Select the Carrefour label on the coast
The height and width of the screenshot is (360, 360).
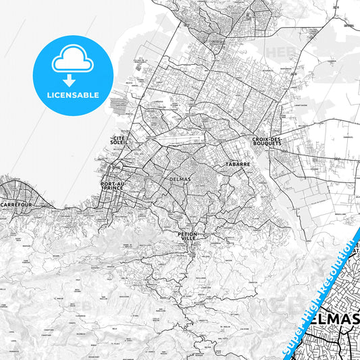click(x=16, y=203)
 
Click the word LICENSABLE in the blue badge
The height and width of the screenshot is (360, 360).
click(x=72, y=95)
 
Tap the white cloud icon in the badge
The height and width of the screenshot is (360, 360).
click(x=72, y=61)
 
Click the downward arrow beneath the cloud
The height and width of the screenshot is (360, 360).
click(x=70, y=79)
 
